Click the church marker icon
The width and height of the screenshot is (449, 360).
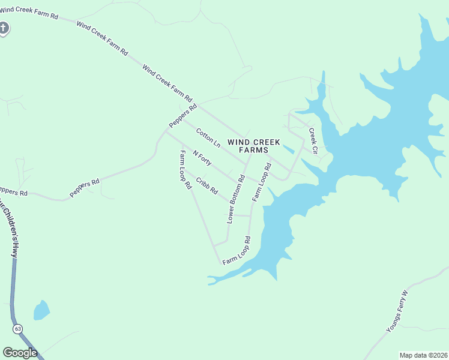click(4, 28)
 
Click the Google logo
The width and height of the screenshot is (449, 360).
click(20, 353)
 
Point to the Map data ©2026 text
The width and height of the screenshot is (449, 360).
click(423, 355)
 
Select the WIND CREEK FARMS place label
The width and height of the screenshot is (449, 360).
click(254, 146)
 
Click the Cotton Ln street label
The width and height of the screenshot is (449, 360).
click(208, 137)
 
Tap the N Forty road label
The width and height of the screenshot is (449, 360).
click(202, 157)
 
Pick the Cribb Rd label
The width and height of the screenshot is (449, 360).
click(206, 185)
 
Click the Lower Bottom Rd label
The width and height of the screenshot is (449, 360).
click(236, 200)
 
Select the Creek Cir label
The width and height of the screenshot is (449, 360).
click(313, 140)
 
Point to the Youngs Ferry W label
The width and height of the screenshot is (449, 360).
click(397, 311)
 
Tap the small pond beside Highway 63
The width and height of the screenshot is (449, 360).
click(41, 310)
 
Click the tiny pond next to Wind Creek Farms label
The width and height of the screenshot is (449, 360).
click(288, 148)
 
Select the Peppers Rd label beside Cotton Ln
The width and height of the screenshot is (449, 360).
click(183, 116)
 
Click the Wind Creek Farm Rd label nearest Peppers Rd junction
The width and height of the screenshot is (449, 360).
click(167, 83)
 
